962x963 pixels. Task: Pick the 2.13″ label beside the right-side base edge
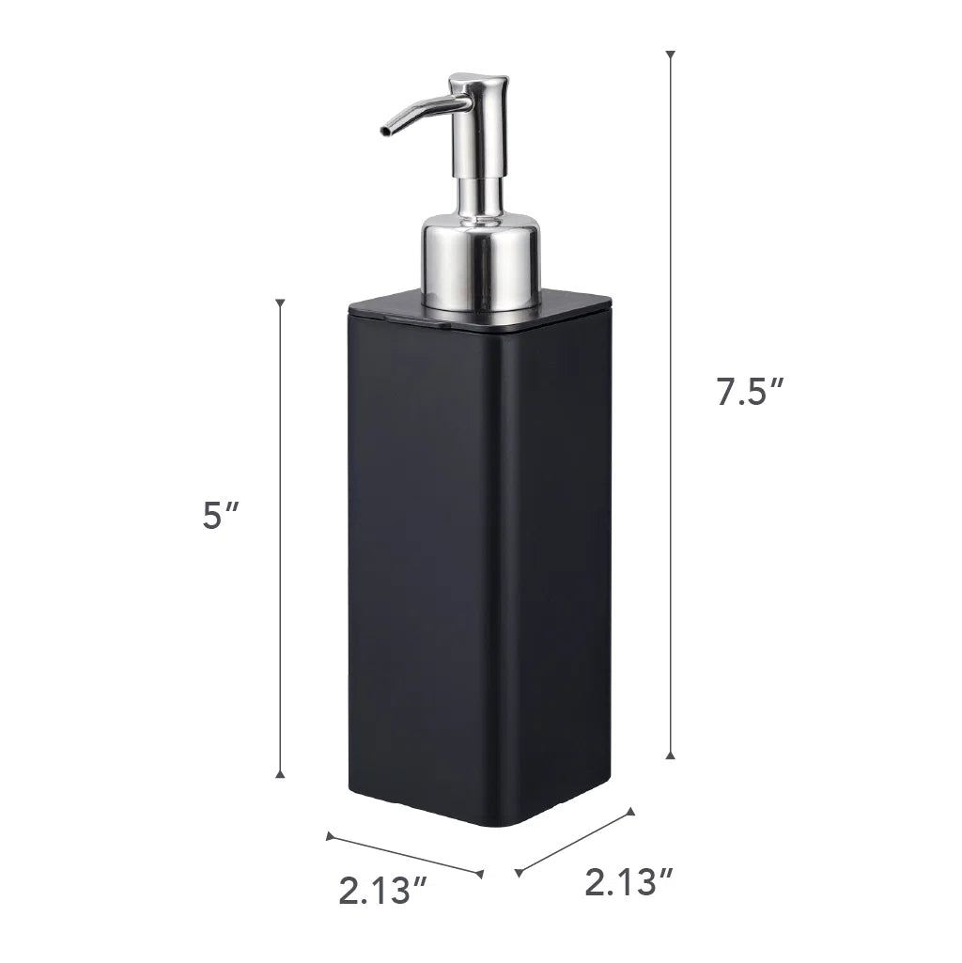pos(628,882)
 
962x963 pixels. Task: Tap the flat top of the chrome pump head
pos(478,80)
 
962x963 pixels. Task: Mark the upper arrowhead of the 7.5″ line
pos(670,54)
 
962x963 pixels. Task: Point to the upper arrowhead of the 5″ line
pos(280,304)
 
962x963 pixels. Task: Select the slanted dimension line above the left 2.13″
pos(404,854)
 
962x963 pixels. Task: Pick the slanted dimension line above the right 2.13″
pos(575,842)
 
